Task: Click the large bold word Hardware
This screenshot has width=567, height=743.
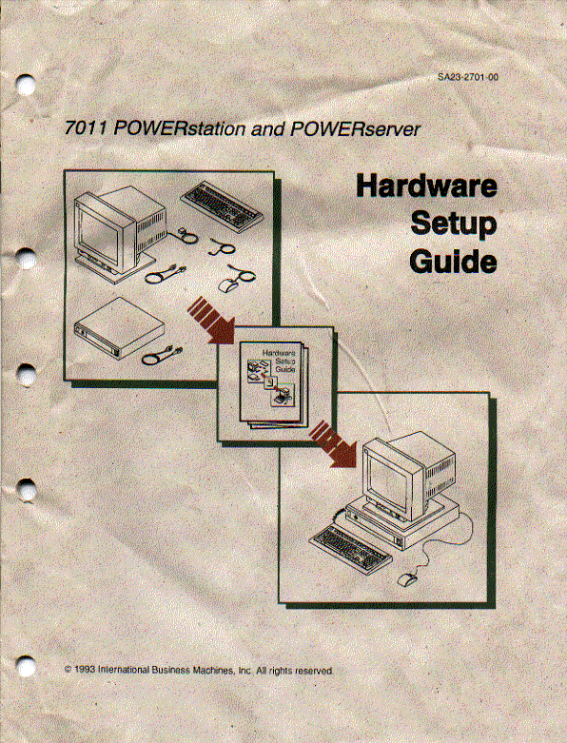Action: (x=425, y=187)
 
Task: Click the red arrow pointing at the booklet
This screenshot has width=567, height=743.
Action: (x=210, y=320)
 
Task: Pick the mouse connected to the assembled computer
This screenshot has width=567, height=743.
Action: (x=408, y=577)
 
